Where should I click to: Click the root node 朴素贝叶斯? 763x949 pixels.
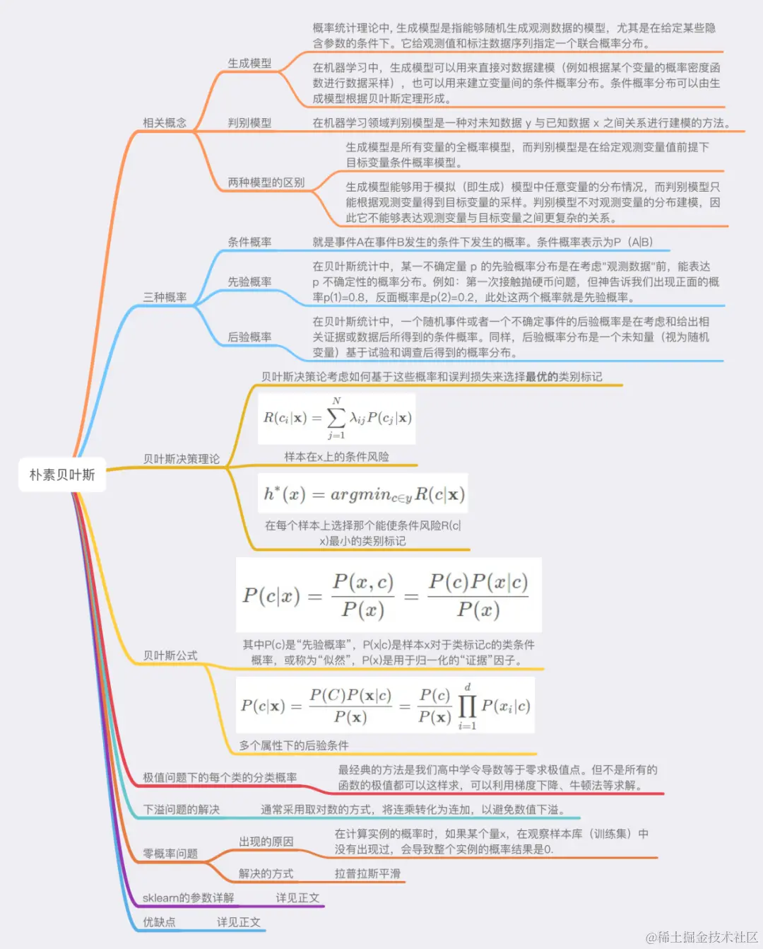(62, 474)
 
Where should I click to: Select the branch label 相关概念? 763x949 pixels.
(165, 122)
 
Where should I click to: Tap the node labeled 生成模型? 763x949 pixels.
(249, 63)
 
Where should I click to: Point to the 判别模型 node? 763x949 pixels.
(249, 122)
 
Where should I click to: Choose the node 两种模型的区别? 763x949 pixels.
(266, 182)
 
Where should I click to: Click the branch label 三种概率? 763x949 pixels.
(165, 297)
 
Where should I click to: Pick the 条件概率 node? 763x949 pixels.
(249, 242)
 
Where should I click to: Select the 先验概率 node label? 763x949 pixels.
(249, 281)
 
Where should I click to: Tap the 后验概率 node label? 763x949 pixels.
(249, 337)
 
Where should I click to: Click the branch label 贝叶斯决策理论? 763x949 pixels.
(182, 459)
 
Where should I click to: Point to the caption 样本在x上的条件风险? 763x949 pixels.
(336, 457)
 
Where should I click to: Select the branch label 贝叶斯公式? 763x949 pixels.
(170, 656)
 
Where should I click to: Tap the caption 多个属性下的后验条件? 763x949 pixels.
(293, 745)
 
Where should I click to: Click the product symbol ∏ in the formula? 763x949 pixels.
(467, 706)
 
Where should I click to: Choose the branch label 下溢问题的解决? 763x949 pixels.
(182, 809)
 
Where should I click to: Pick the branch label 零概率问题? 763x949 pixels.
(170, 854)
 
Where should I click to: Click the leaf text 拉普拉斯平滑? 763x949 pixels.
(367, 873)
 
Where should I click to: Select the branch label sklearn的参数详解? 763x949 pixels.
(188, 897)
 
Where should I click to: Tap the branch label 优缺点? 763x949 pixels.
(159, 922)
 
